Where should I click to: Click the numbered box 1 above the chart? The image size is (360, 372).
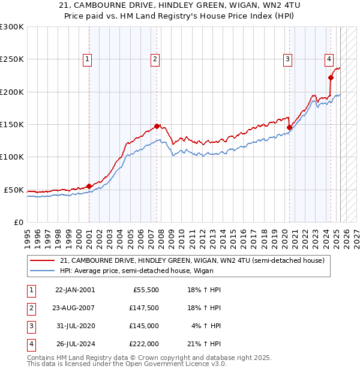88,59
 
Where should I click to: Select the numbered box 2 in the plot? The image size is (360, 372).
155,59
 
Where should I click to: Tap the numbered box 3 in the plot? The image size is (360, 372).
288,59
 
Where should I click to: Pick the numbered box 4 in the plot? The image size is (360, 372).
329,59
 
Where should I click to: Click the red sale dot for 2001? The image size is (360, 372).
89,186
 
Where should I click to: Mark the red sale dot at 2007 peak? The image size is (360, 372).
157,126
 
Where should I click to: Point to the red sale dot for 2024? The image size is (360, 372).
331,77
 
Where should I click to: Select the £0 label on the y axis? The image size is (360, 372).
18,222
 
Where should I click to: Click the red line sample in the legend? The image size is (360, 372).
43,260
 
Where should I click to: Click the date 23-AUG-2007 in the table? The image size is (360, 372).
74,308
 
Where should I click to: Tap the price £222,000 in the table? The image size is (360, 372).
144,344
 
